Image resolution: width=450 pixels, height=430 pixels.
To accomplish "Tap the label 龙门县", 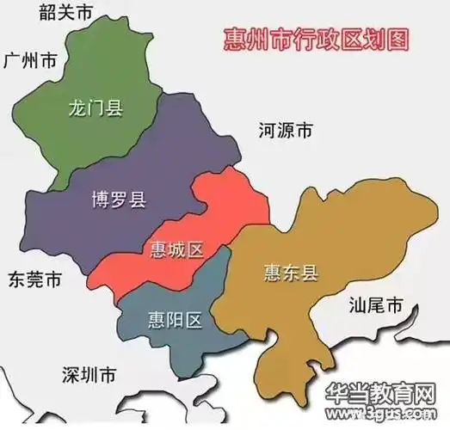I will pos(95,108).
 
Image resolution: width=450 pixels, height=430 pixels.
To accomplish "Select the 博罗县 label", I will pos(119,200).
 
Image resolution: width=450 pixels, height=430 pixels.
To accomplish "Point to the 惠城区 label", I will pos(176,250).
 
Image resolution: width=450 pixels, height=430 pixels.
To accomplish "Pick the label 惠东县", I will pos(291,273).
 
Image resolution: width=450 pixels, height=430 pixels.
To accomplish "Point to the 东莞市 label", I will pos(34,280).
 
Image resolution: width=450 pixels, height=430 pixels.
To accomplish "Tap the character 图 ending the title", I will pos(397,38).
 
